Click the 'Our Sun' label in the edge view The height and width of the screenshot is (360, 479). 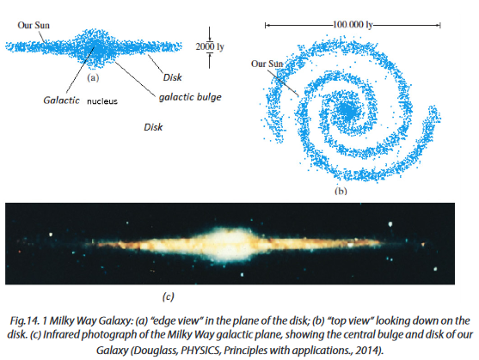(x=34, y=25)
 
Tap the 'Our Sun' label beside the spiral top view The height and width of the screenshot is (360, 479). (x=267, y=64)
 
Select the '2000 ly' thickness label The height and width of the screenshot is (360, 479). (x=210, y=46)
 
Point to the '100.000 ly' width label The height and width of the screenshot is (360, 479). (x=353, y=24)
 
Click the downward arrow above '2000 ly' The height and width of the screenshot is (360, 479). (x=210, y=34)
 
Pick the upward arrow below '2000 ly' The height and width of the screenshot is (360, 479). (x=210, y=60)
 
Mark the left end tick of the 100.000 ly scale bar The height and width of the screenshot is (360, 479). (x=265, y=25)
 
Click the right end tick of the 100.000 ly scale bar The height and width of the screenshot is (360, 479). (x=440, y=25)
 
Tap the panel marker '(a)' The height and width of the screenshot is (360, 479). (x=93, y=78)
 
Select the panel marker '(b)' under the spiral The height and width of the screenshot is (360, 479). (x=341, y=192)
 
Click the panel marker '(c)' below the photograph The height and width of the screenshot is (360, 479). (x=169, y=296)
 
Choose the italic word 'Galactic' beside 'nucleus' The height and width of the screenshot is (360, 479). (x=61, y=101)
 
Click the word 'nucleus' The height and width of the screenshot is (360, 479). (x=102, y=101)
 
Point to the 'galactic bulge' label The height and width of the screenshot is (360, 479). (x=190, y=97)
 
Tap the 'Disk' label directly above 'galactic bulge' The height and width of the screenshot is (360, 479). (x=173, y=77)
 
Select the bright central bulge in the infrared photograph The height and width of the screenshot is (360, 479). (x=231, y=243)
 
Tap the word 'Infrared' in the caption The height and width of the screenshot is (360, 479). (x=60, y=335)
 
